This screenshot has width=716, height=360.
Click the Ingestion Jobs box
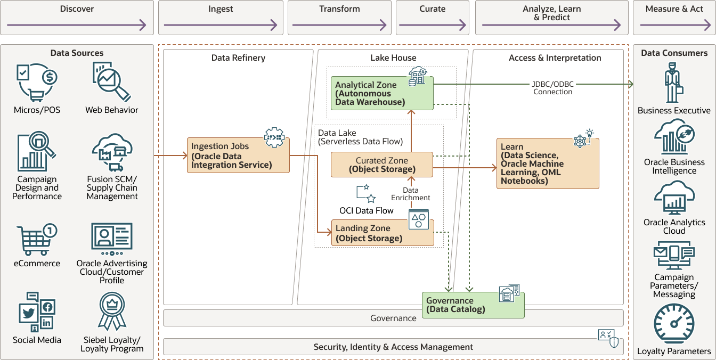(238, 155)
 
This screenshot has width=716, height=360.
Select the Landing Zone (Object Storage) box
(383, 233)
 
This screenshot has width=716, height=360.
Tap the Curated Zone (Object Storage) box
(381, 165)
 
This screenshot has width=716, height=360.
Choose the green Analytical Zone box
(381, 93)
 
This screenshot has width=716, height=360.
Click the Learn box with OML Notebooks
(548, 163)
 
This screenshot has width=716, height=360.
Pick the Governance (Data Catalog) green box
(473, 305)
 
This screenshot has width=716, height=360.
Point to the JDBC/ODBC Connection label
(552, 88)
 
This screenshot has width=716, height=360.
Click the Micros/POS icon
(37, 83)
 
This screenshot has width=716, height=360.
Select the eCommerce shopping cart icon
(37, 240)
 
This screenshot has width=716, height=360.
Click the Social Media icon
(37, 312)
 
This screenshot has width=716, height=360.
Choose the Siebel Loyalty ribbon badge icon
(112, 312)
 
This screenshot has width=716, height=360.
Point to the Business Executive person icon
(674, 83)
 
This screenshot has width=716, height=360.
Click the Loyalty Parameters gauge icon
(674, 324)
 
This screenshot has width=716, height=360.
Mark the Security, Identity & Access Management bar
(393, 347)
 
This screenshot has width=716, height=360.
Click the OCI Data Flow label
(367, 210)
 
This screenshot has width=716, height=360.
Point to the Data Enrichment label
(410, 194)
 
